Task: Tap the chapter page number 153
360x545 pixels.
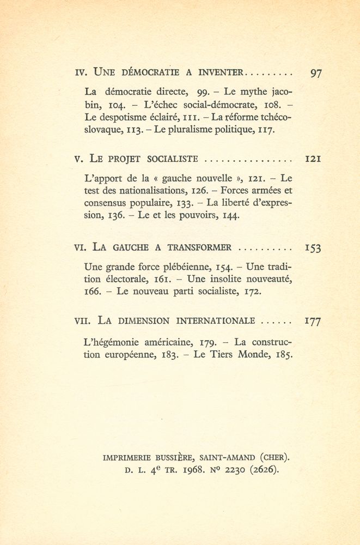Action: [312, 248]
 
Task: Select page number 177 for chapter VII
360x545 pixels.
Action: [312, 321]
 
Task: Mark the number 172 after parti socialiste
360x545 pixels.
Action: [251, 292]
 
